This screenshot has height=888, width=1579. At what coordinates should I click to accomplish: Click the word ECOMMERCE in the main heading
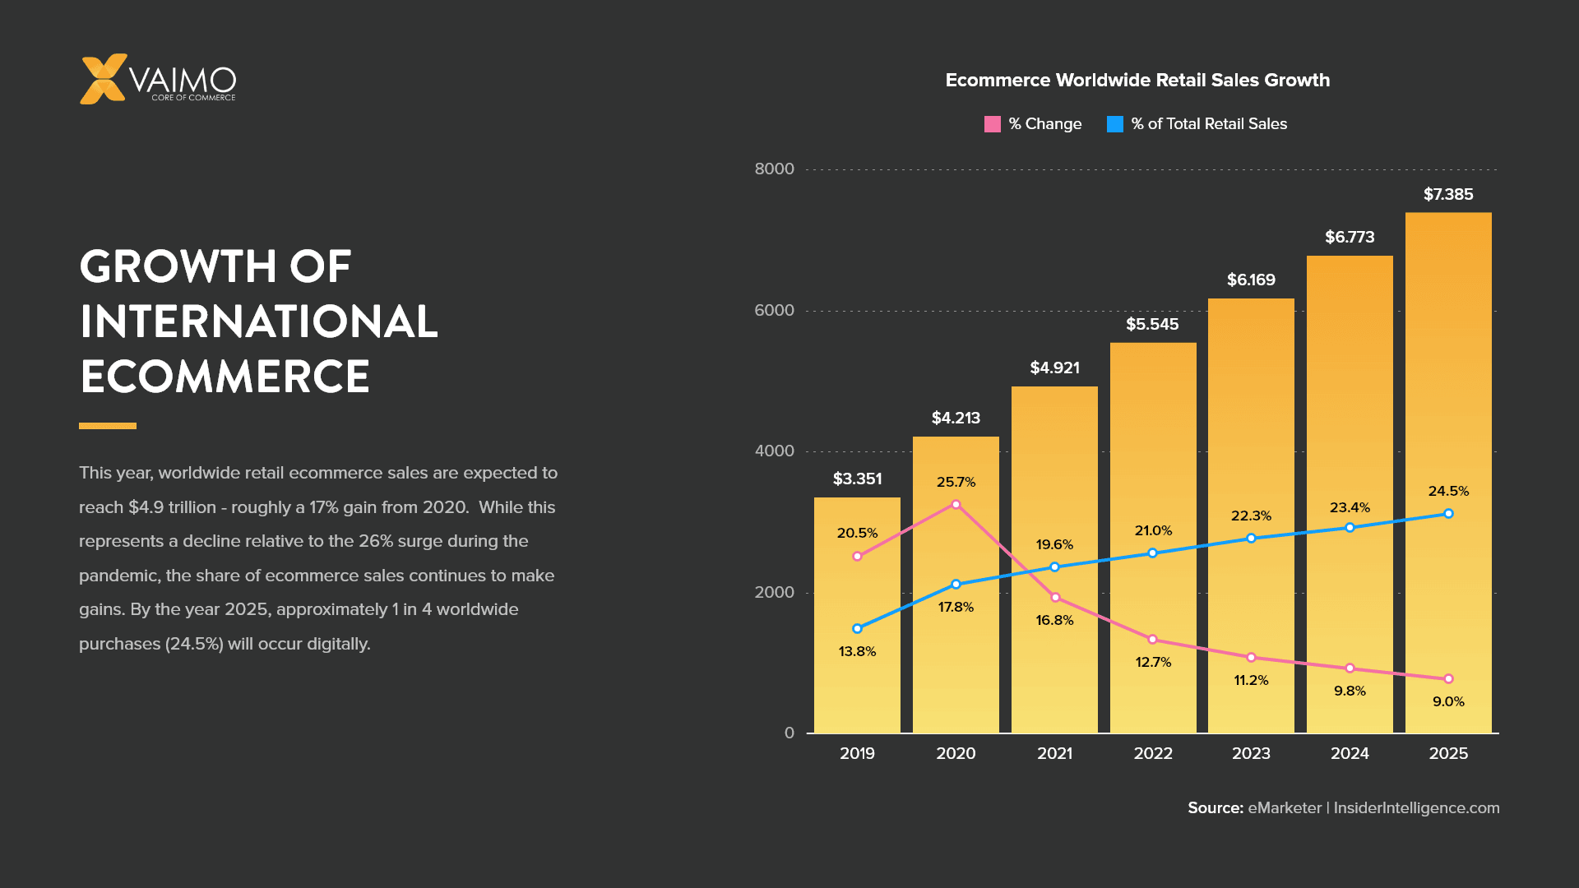(x=225, y=377)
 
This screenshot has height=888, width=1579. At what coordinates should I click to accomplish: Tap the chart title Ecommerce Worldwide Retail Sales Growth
(x=1137, y=80)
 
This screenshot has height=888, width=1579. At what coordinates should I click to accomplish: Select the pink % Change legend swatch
(x=993, y=124)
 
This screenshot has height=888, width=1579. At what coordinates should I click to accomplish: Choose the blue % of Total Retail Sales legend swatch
(x=1115, y=124)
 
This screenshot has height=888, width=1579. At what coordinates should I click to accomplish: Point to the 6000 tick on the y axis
(x=774, y=310)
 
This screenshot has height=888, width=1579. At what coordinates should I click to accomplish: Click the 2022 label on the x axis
(x=1153, y=753)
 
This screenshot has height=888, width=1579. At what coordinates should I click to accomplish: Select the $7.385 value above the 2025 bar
(x=1448, y=194)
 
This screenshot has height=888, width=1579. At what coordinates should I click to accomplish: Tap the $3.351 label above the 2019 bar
(x=857, y=479)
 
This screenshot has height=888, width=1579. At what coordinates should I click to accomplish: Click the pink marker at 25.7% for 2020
(x=956, y=504)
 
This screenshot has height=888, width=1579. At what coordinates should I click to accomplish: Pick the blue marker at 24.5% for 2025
(x=1448, y=514)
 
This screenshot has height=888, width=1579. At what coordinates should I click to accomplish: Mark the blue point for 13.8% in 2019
(x=857, y=628)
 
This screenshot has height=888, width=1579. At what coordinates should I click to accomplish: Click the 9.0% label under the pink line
(x=1448, y=701)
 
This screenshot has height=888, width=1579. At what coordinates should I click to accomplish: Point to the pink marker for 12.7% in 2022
(x=1152, y=639)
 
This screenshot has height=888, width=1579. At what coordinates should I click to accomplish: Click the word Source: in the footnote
(x=1215, y=807)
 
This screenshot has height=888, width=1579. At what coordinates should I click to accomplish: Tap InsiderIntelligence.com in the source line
(x=1416, y=807)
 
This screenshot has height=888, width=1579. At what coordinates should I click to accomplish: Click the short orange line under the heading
(x=108, y=426)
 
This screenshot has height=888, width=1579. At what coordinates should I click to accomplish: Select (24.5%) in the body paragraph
(x=194, y=644)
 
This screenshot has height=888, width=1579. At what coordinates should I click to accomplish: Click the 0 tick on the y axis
(x=789, y=733)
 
